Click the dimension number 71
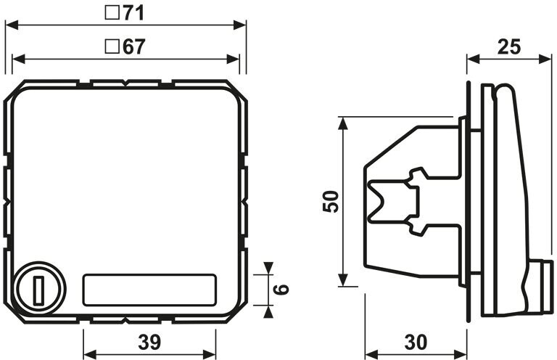(x=134, y=14)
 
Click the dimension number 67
(x=134, y=47)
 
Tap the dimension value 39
(x=149, y=343)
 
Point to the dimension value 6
(x=281, y=289)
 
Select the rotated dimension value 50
(x=331, y=202)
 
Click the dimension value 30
(x=416, y=343)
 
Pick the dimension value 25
(x=509, y=47)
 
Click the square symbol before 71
(x=112, y=13)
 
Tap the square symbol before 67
(x=112, y=46)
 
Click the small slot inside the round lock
(x=39, y=290)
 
